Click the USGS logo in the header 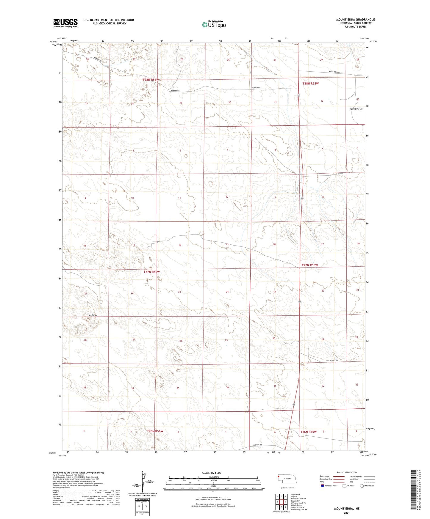65,23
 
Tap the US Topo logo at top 214,24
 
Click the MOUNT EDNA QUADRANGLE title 355,20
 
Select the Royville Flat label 356,109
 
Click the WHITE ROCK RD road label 334,72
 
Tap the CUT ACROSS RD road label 332,361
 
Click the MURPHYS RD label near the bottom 257,445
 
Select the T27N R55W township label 309,265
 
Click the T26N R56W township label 155,431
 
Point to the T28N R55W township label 310,84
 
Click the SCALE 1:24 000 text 212,473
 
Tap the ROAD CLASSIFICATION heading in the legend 347,472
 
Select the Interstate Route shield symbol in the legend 323,486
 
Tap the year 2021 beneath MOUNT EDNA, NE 347,513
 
